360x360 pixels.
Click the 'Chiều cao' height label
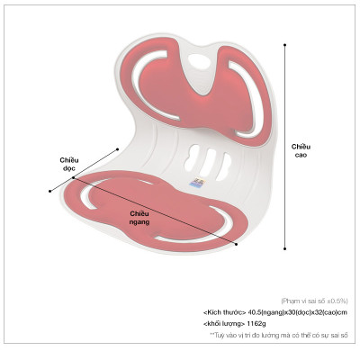(301, 151)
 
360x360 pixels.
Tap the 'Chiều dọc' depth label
(69, 164)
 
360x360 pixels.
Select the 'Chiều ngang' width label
(139, 218)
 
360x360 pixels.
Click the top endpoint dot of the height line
(284, 45)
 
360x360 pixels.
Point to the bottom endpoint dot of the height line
(284, 248)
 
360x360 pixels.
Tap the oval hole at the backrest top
(199, 62)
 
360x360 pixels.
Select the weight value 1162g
(256, 324)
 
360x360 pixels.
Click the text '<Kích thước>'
(225, 312)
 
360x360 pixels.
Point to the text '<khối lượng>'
(224, 324)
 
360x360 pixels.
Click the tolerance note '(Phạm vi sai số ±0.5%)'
(314, 301)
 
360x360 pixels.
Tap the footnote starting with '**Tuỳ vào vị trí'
(279, 335)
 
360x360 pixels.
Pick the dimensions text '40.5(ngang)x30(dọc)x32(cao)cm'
(298, 312)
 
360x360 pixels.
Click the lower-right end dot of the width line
(237, 245)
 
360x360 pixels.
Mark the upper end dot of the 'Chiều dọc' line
(118, 149)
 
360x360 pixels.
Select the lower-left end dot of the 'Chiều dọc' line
(50, 191)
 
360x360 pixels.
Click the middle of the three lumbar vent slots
(209, 162)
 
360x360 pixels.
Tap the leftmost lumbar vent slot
(192, 157)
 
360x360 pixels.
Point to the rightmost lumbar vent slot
(224, 166)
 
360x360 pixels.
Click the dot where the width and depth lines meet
(74, 177)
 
